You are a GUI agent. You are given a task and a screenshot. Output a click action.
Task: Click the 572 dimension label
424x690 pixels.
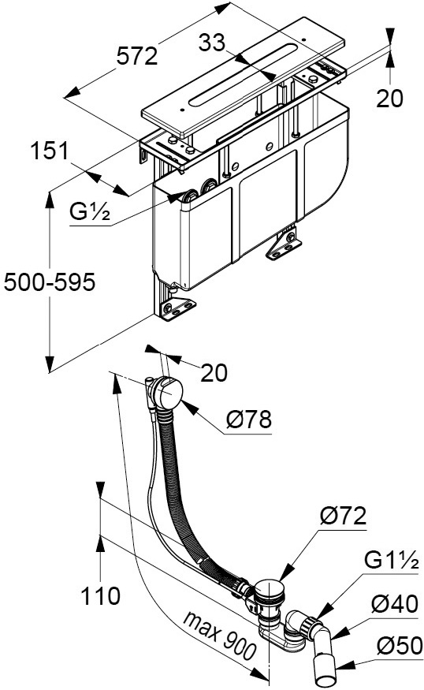137,56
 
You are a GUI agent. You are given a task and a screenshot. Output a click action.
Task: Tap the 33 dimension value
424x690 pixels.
212,43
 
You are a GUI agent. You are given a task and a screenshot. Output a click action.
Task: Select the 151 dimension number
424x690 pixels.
50,151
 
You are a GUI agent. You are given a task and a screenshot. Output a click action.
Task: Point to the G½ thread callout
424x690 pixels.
90,213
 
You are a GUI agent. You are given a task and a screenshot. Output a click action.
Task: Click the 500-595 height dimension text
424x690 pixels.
50,282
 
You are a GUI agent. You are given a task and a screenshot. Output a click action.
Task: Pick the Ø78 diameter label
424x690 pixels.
249,420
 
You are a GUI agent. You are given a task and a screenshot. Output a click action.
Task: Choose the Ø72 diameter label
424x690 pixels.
343,515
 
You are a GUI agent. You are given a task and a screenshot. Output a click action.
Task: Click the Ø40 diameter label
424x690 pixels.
395,603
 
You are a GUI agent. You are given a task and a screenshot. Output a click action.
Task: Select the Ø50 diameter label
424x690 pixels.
400,646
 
